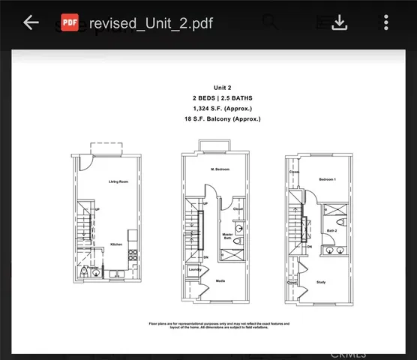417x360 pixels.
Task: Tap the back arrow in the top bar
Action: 31,22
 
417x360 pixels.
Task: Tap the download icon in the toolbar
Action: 340,22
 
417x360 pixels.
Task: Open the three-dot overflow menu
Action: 385,22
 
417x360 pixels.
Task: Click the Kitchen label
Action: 116,244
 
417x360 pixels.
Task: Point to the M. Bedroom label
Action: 220,170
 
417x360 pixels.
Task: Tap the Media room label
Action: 220,283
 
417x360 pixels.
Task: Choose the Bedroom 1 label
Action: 326,180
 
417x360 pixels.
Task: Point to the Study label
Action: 320,282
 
